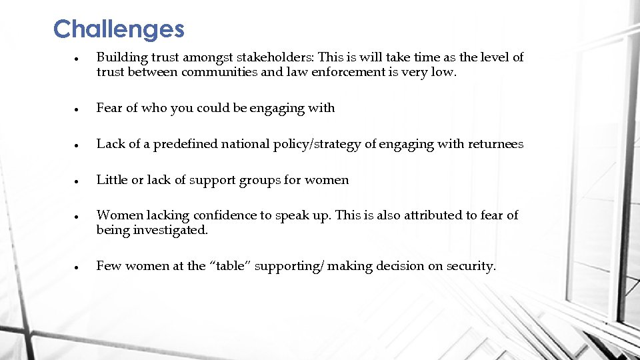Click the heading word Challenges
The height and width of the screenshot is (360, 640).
coord(119,29)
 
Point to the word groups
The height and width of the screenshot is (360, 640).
coord(261,180)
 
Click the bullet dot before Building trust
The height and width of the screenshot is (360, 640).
coord(77,58)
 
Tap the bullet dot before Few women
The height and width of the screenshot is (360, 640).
coord(77,267)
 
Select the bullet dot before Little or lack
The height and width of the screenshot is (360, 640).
coord(77,181)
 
